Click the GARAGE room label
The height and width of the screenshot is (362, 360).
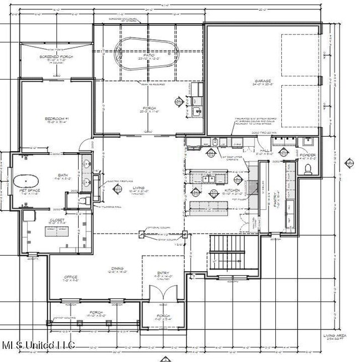pyautogui.click(x=262, y=81)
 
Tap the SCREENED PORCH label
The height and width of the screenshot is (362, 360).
pyautogui.click(x=53, y=57)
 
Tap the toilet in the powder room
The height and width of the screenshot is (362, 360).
pyautogui.click(x=309, y=169)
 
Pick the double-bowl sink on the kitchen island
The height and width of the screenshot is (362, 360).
pyautogui.click(x=209, y=179)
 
